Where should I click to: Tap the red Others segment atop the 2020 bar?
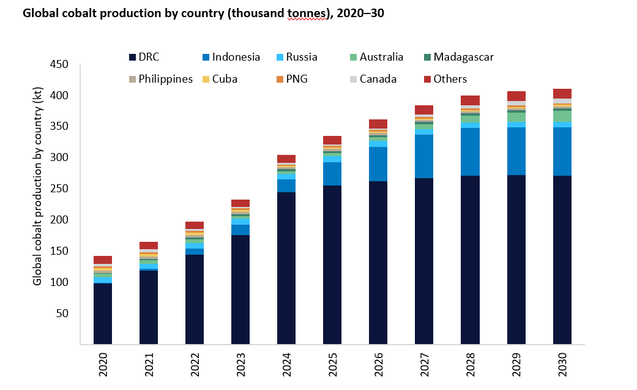coord(103,260)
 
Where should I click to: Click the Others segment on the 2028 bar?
coord(471,100)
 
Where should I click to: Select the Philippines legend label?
coord(165,79)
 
